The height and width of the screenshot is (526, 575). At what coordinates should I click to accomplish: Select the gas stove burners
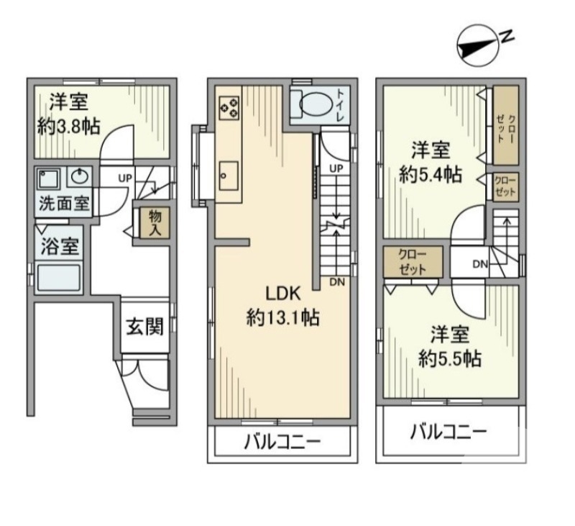(x=229, y=108)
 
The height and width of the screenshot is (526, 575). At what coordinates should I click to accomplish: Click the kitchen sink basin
(x=229, y=176)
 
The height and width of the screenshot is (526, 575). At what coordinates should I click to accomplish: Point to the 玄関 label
(x=145, y=326)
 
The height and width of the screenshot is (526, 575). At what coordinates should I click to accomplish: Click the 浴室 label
(x=60, y=246)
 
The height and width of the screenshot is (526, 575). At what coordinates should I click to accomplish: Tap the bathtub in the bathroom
(x=59, y=278)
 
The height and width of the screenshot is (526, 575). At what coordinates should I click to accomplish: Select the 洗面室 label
(x=64, y=204)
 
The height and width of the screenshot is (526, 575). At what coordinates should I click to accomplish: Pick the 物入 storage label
(x=155, y=224)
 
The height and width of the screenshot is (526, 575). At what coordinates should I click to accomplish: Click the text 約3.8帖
(x=69, y=127)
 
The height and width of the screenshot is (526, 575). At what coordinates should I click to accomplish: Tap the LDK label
(x=282, y=294)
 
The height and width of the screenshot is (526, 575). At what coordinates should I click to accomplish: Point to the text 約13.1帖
(x=282, y=317)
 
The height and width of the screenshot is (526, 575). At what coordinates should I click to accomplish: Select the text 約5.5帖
(x=451, y=358)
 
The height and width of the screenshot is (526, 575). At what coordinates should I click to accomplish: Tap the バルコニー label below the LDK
(x=282, y=443)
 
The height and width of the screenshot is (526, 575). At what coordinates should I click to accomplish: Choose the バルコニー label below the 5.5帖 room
(x=448, y=432)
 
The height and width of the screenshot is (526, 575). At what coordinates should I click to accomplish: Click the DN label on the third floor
(x=479, y=263)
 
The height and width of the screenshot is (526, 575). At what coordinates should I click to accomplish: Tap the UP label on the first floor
(x=124, y=178)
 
